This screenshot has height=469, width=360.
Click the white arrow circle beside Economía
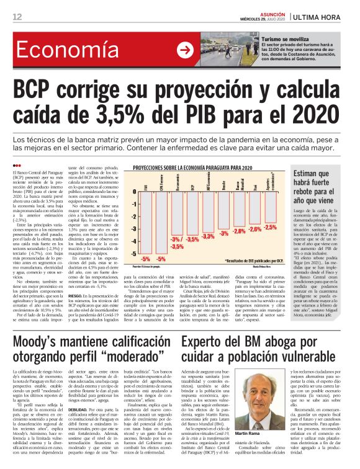(x=184, y=50)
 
